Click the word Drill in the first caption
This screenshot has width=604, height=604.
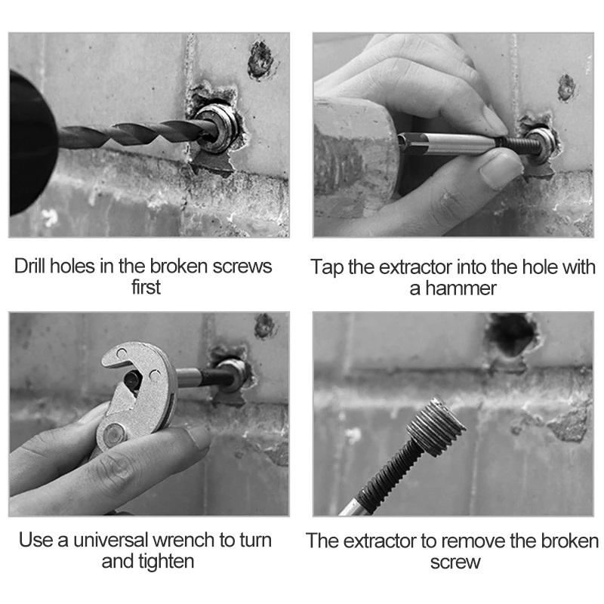click(x=30, y=267)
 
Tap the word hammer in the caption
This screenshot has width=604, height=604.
click(x=461, y=288)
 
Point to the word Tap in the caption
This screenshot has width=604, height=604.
click(x=327, y=267)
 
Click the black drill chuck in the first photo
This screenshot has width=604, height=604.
click(x=31, y=143)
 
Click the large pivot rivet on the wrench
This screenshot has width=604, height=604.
click(x=115, y=435)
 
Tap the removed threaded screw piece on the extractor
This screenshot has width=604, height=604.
click(x=436, y=428)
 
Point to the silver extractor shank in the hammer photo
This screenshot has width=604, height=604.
click(x=447, y=143)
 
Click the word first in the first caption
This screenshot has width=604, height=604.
click(x=146, y=288)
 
